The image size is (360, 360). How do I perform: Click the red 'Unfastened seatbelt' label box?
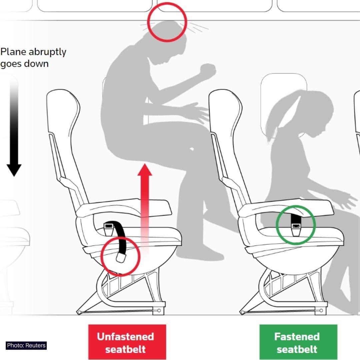click(x=127, y=342)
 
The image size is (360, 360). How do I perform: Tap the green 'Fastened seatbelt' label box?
click(x=298, y=342)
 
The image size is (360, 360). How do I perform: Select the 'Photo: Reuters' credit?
click(x=26, y=346)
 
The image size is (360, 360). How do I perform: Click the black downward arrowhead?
click(x=14, y=170)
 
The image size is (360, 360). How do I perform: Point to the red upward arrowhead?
click(x=145, y=170)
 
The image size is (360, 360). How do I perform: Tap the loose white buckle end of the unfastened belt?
click(x=121, y=257)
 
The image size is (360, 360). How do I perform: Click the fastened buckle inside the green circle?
click(x=296, y=229)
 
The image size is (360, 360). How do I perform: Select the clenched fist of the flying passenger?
click(x=208, y=69)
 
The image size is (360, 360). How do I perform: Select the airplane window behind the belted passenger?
click(x=284, y=106)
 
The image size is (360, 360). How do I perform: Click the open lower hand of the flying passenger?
click(x=197, y=113)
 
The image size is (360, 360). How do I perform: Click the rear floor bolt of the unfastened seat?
click(x=79, y=312)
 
